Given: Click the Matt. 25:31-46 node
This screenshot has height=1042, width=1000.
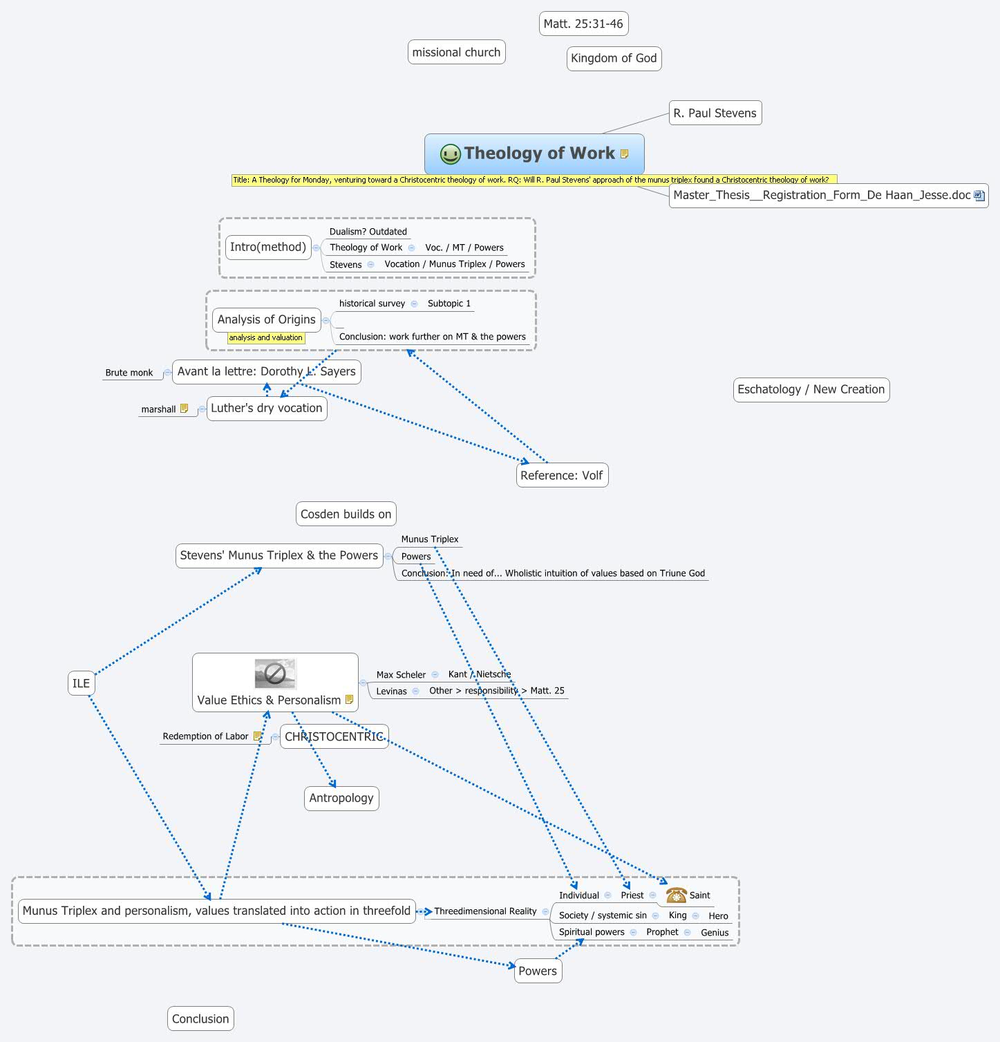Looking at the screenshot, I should point(583,24).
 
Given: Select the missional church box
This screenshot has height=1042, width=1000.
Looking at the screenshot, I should point(456,53).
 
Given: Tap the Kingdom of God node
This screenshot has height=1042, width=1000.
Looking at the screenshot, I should point(614,58).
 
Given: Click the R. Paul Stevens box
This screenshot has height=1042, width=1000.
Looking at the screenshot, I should point(715,113).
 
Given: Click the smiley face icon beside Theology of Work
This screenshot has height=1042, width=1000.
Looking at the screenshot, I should point(450,153).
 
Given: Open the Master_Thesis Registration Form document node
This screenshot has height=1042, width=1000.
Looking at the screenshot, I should point(828,195).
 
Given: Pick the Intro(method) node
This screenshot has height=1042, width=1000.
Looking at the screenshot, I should point(267,247).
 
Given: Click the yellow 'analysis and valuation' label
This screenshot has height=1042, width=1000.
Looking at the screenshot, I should point(265,337).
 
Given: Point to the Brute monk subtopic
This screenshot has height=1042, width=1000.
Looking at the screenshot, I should point(129,373).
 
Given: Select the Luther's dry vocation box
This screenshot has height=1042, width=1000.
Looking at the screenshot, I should point(266,408).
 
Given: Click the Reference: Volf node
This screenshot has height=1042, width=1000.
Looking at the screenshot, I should point(561,475).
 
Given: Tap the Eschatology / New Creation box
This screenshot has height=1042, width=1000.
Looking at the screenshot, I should point(811,389).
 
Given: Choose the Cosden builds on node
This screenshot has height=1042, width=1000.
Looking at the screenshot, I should point(346,514).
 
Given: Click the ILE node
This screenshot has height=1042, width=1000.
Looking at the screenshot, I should point(81,683).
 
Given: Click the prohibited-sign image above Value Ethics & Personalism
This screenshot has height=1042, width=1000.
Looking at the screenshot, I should point(275,673).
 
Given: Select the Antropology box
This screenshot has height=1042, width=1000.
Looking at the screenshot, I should point(341,798).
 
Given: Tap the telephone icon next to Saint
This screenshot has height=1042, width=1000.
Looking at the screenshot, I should point(676,895).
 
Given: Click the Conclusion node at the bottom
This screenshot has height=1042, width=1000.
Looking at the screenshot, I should point(200,1018).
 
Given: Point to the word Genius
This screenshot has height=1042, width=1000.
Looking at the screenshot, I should point(715,932).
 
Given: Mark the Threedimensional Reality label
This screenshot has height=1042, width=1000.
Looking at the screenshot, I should point(485,911).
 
